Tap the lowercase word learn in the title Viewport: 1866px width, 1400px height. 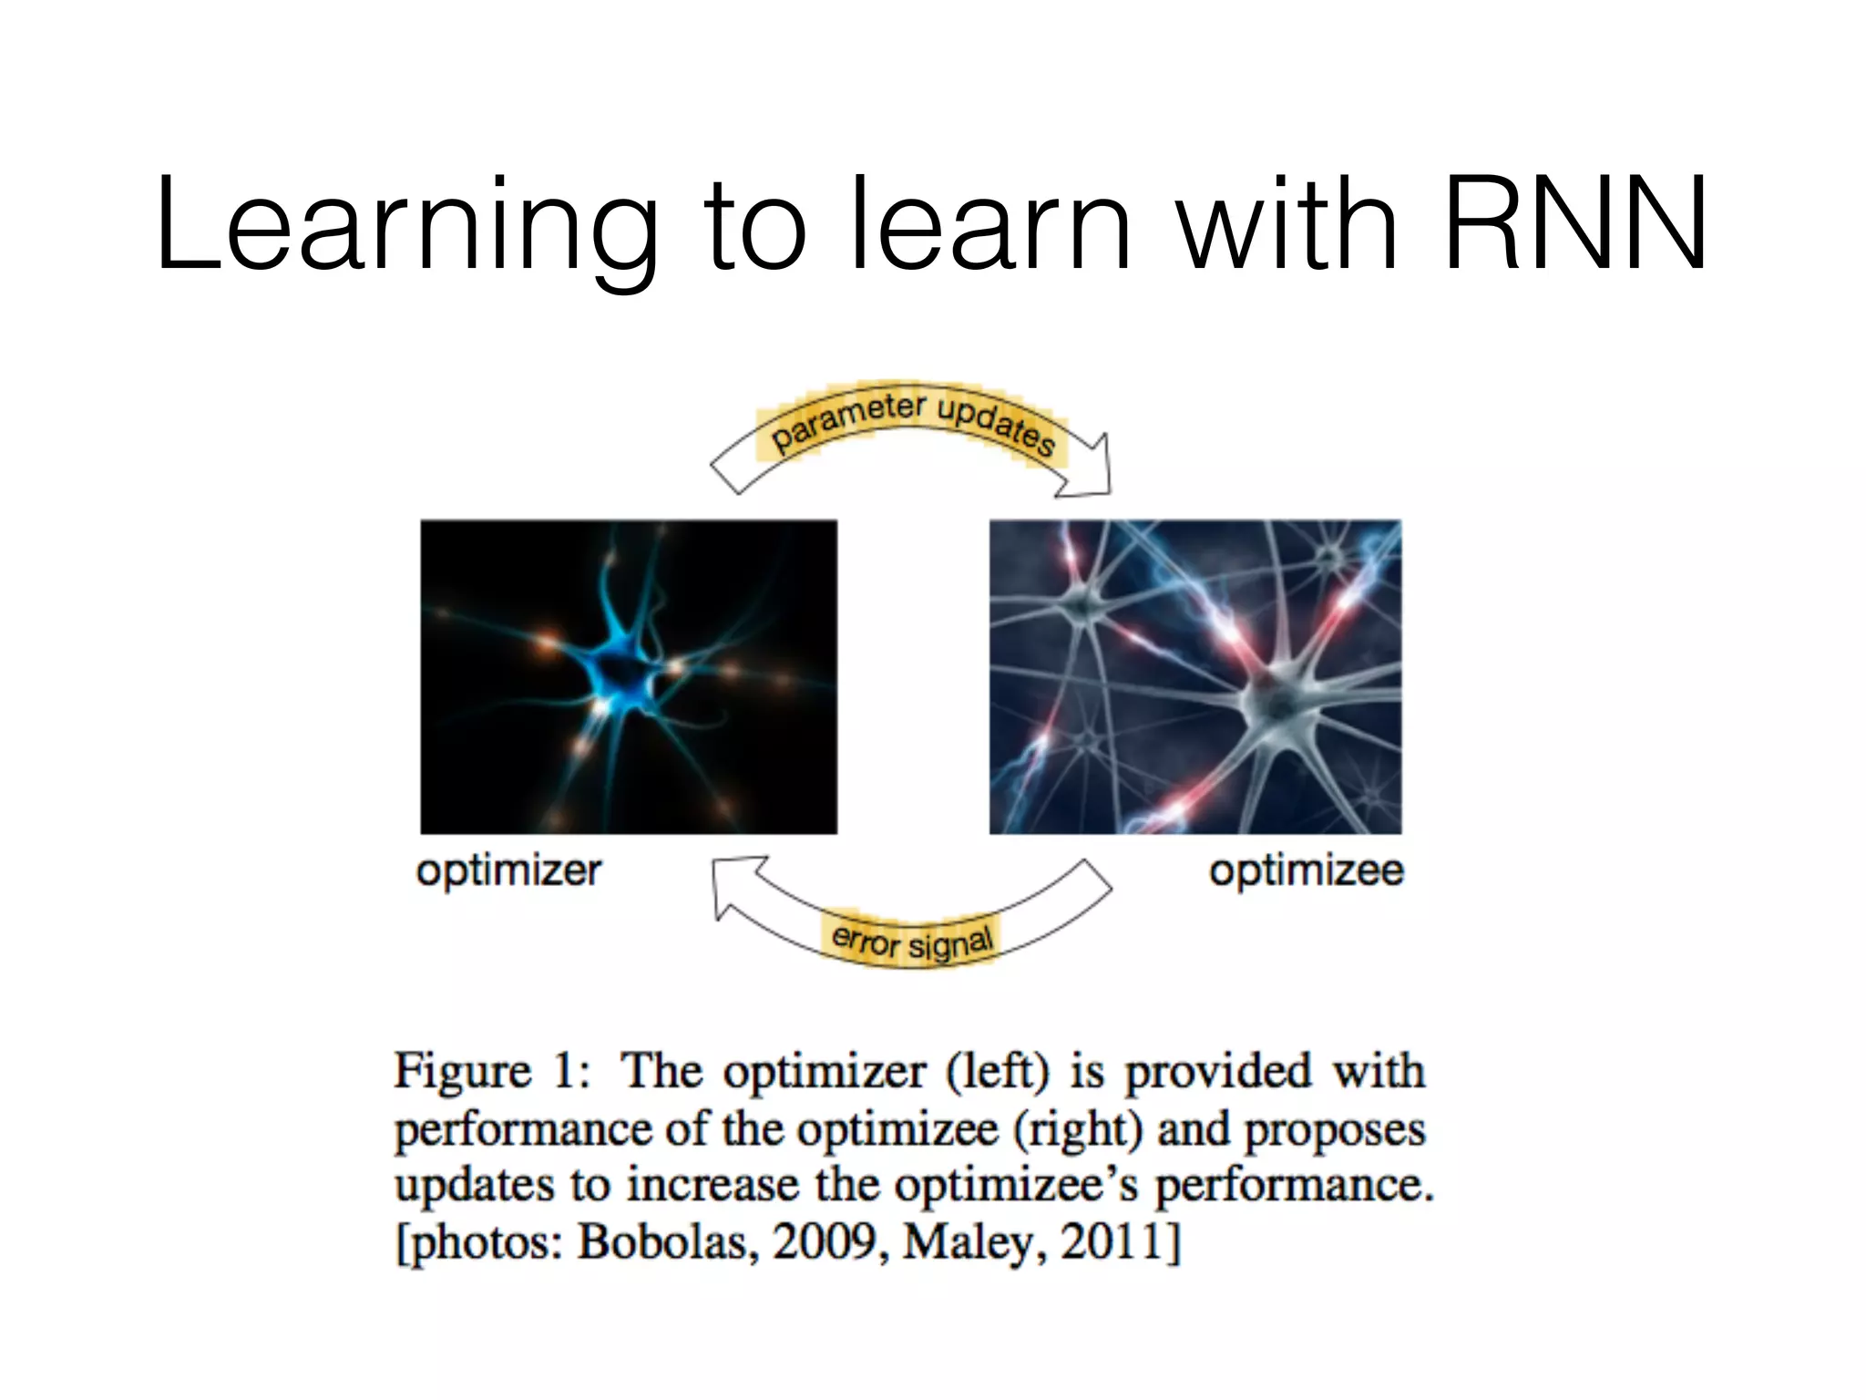click(989, 226)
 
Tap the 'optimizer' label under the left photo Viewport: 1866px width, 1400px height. click(508, 871)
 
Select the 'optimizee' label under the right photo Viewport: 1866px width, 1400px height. click(1306, 871)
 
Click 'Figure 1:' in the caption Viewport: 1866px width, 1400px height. click(492, 1071)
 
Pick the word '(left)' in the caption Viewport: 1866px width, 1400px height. click(998, 1072)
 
